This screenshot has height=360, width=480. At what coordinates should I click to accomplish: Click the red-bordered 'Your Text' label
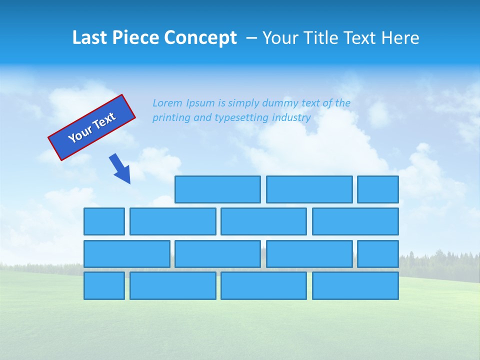[x=91, y=127]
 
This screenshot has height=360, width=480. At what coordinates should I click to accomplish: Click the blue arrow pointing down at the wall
[x=120, y=168]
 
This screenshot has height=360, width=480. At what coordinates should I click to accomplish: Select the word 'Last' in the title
[x=89, y=37]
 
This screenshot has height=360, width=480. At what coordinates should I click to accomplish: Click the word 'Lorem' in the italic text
[x=167, y=103]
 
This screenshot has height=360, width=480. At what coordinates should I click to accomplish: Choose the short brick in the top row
[x=377, y=189]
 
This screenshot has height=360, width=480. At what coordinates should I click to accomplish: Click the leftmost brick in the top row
[x=217, y=189]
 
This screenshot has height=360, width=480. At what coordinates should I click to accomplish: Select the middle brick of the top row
[x=309, y=189]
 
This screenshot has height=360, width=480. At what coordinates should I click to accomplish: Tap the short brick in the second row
[x=104, y=221]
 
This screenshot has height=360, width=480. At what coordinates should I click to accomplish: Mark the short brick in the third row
[x=377, y=254]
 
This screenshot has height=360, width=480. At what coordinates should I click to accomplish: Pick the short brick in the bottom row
[x=104, y=286]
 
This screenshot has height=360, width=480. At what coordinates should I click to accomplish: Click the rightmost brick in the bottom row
[x=355, y=286]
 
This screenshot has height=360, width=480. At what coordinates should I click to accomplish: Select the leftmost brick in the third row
[x=126, y=254]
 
